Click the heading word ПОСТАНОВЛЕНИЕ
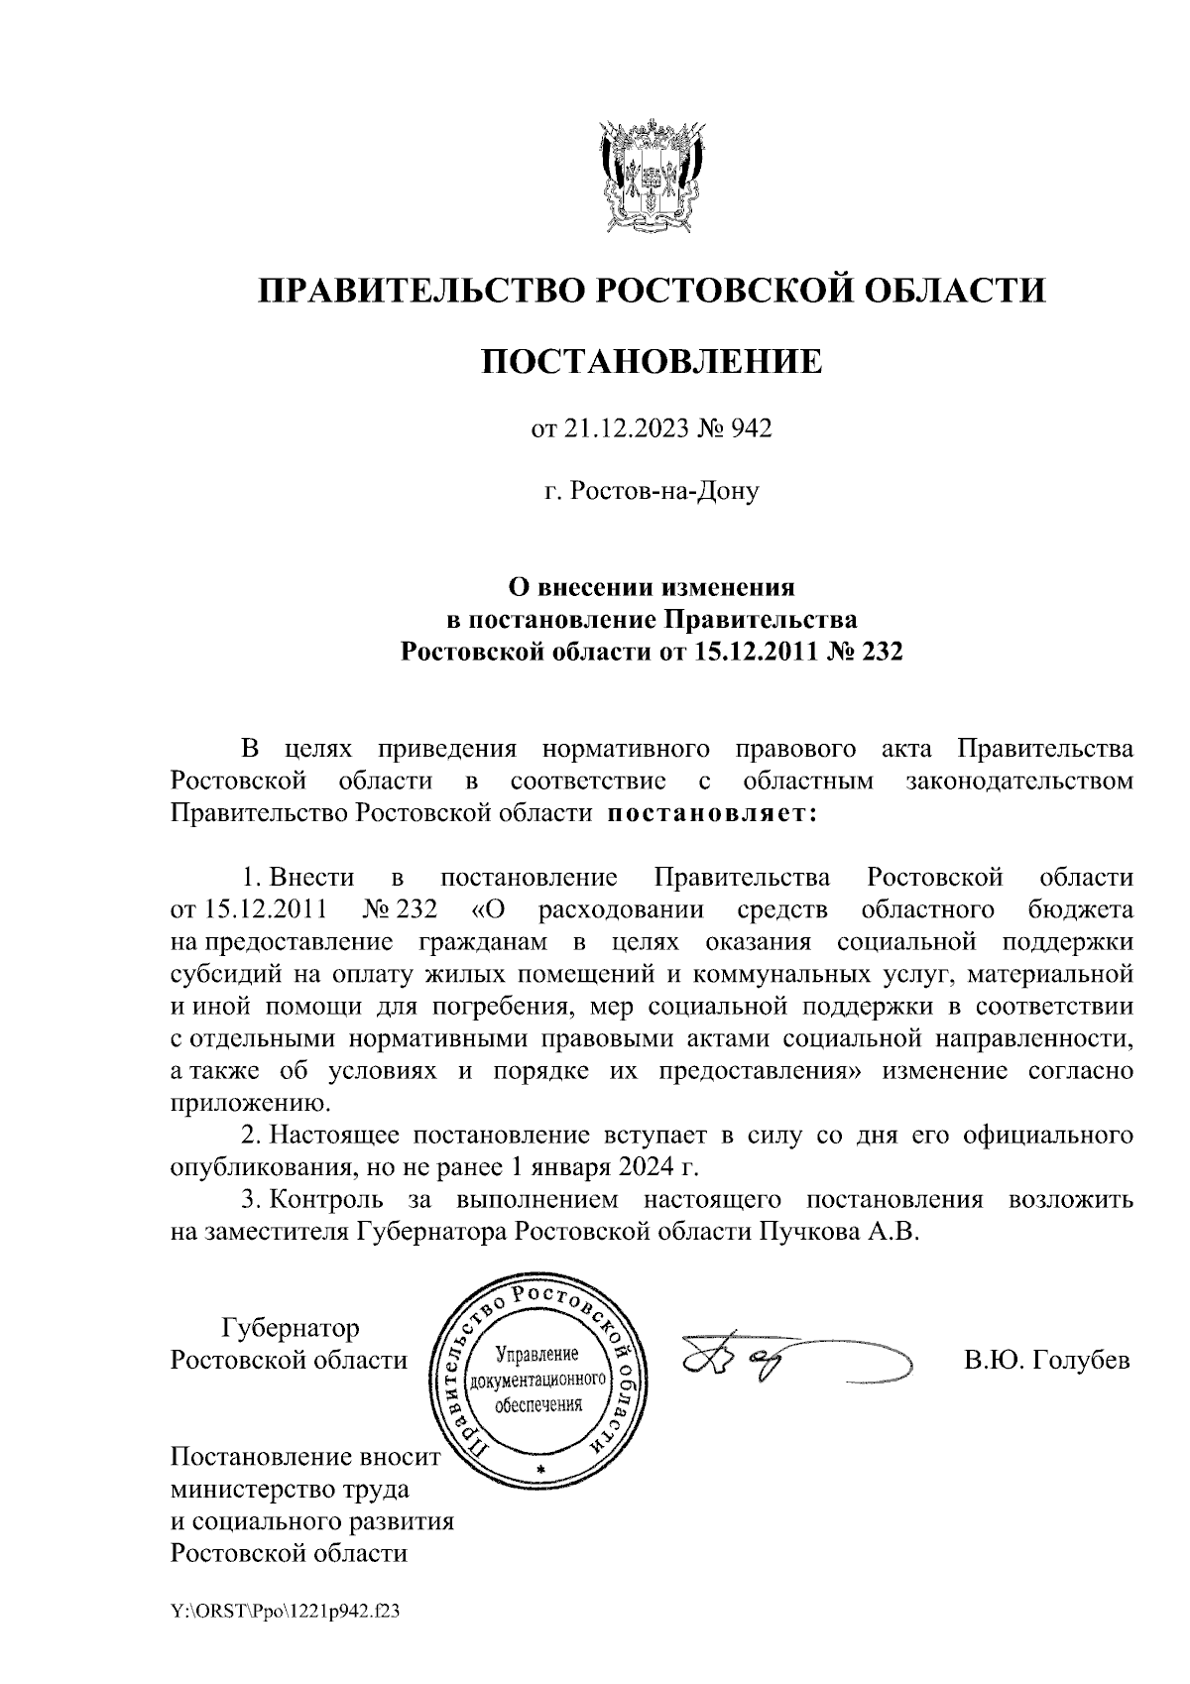click(652, 361)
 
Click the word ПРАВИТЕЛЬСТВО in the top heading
click(416, 291)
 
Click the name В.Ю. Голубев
click(1047, 1360)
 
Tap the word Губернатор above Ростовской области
click(291, 1327)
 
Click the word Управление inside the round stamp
click(535, 1354)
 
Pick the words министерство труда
click(290, 1489)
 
